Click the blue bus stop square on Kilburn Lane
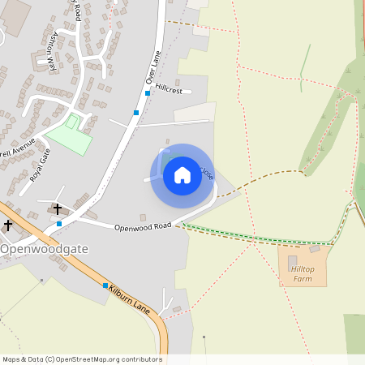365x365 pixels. click(105, 286)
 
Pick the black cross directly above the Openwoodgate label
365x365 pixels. click(8, 225)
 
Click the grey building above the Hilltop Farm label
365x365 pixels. click(293, 260)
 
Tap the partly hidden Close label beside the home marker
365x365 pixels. click(208, 173)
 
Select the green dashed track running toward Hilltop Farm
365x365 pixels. click(260, 236)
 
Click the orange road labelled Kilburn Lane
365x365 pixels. click(81, 268)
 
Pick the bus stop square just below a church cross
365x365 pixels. click(58, 223)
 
